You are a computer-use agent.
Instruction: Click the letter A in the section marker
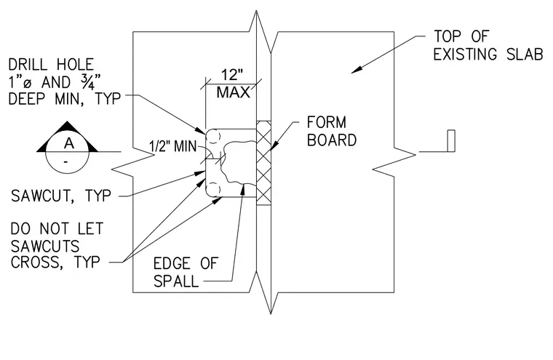[x=69, y=143]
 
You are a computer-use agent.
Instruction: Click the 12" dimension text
[x=232, y=75]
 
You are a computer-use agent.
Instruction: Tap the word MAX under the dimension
[x=233, y=92]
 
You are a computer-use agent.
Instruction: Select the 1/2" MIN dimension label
[x=173, y=146]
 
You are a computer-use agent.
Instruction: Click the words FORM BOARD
[x=332, y=131]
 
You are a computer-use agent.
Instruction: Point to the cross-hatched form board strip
[x=263, y=163]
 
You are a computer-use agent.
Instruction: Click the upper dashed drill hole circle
[x=212, y=137]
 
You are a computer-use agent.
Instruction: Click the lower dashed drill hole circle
[x=213, y=189]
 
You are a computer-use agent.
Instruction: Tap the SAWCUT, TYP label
[x=61, y=196]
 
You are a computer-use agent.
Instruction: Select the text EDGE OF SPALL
[x=186, y=272]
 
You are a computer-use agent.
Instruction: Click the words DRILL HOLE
[x=51, y=65]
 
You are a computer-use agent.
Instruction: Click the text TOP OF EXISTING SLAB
[x=488, y=46]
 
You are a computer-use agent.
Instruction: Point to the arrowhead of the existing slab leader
[x=357, y=70]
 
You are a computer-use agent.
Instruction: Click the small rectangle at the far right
[x=451, y=140]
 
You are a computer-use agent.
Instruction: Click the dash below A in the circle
[x=66, y=162]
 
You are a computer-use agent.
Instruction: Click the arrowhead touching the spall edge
[x=242, y=189]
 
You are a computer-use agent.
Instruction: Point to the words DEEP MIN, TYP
[x=65, y=99]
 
